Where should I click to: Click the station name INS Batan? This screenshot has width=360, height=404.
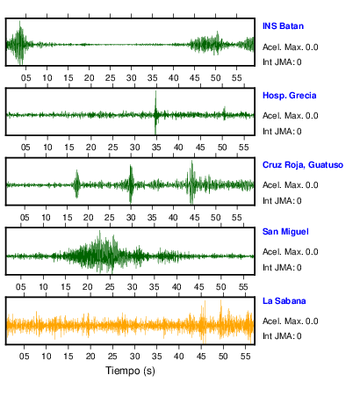[x=283, y=26]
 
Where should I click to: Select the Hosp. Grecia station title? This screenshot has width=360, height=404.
[x=290, y=96]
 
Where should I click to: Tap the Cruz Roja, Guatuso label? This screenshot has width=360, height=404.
[x=303, y=165]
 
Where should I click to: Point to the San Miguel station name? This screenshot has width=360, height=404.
[x=285, y=232]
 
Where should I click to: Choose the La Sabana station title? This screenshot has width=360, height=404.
[x=284, y=301]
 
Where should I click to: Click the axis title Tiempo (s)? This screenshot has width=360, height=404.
[x=130, y=371]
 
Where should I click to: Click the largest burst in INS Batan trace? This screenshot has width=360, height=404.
[x=19, y=43]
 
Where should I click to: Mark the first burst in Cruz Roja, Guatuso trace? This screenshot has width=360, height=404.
[x=76, y=184]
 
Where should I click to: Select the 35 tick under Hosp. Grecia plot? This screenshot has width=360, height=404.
[x=156, y=147]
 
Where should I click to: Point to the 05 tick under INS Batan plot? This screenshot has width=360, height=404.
[x=25, y=78]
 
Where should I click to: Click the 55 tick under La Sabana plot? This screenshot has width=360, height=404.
[x=245, y=356]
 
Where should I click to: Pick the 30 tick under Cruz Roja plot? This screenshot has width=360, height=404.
[x=131, y=218]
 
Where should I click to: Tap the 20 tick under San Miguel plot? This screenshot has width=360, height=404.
[x=87, y=286]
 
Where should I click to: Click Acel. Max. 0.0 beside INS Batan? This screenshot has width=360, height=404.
[x=291, y=47]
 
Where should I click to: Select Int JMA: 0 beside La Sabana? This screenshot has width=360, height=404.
[x=282, y=335]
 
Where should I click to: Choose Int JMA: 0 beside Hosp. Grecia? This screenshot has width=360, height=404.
[x=282, y=132]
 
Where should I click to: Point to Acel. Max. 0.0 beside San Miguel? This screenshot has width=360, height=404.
[x=291, y=252]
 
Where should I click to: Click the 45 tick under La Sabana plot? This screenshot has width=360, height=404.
[x=201, y=356]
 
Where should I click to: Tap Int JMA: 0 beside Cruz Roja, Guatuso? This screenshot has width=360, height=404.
[x=282, y=201]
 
